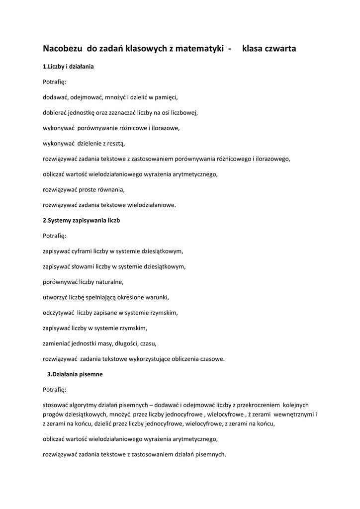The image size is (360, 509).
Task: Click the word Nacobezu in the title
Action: pos(63,49)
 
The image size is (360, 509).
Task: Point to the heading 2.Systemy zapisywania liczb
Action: pos(82,220)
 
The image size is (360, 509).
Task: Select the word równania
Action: pos(110,189)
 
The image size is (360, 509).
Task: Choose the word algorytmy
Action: pos(86,405)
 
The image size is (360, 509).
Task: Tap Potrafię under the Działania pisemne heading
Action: pos(54,390)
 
